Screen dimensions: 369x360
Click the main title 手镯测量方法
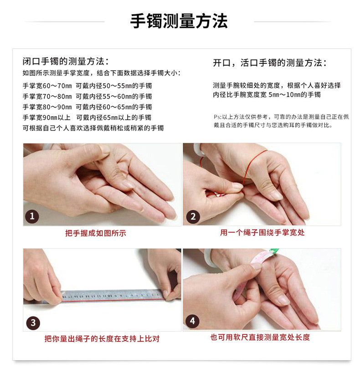(179, 21)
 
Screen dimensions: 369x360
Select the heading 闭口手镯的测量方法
(66, 62)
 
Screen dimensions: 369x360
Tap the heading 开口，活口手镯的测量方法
(269, 63)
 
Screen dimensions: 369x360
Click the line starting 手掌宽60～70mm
(87, 86)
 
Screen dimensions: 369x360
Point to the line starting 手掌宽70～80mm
(87, 96)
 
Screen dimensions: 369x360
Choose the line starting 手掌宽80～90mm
(87, 107)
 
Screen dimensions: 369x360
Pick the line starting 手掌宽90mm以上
(87, 117)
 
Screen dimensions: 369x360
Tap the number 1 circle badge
(32, 216)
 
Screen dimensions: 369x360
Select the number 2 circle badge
(192, 216)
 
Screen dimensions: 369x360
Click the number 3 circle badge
(32, 322)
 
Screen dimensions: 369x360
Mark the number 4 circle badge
(192, 321)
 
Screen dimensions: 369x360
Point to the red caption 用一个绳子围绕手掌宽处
(262, 233)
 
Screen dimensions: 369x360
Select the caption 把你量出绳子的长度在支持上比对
(102, 339)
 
